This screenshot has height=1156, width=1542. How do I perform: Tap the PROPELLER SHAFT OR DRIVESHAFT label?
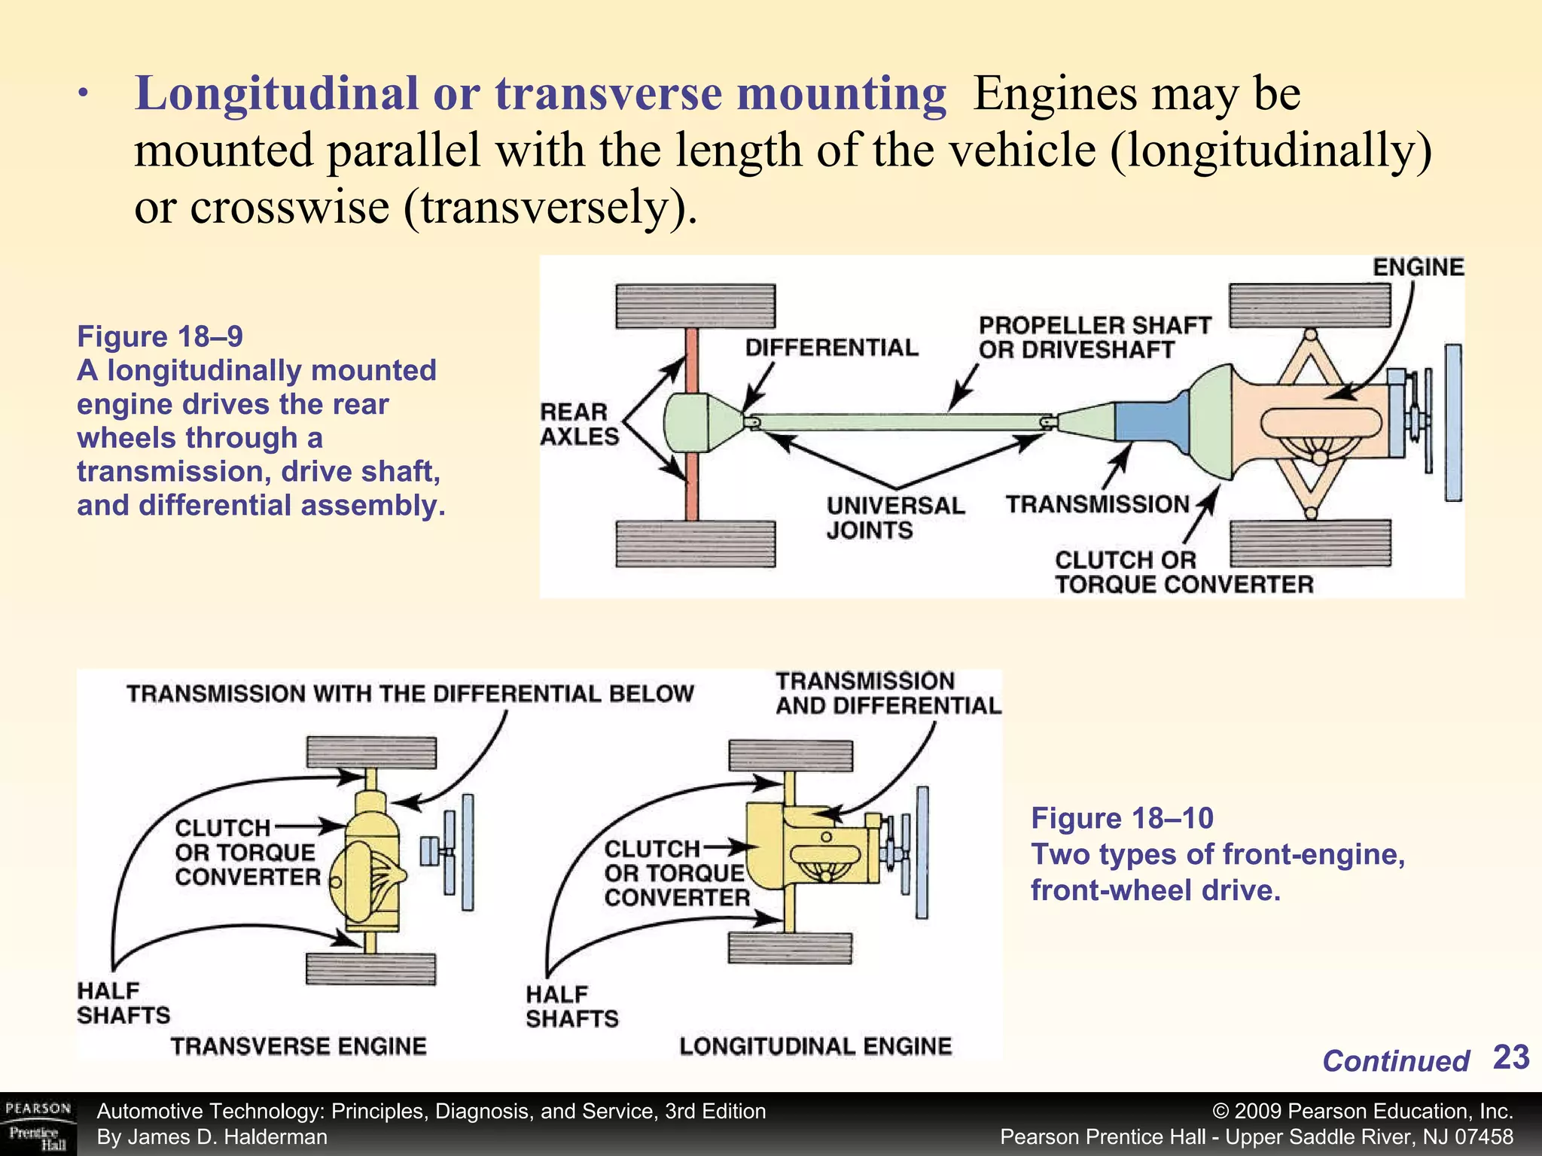(1093, 337)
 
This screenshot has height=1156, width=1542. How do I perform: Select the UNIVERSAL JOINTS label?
(894, 517)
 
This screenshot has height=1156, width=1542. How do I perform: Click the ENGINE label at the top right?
(1418, 267)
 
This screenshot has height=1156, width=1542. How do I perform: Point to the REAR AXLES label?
(578, 424)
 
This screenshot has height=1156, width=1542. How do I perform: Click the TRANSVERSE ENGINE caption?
(298, 1046)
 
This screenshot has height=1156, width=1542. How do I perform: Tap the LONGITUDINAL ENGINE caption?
(815, 1046)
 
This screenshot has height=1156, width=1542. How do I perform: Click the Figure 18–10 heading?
(1122, 818)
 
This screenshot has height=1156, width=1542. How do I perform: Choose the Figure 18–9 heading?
(160, 336)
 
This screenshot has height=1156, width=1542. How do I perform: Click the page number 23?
(1510, 1057)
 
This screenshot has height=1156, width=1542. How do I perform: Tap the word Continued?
(1395, 1061)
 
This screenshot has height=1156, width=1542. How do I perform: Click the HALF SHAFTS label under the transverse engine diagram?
(123, 1003)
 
